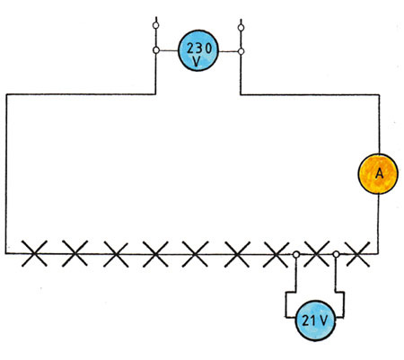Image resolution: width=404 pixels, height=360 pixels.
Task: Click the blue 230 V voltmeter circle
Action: point(198,50)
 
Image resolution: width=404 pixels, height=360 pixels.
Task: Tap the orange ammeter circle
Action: point(378,173)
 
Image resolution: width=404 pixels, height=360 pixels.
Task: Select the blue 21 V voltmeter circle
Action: point(315,320)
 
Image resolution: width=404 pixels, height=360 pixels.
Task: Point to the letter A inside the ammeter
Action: point(379,173)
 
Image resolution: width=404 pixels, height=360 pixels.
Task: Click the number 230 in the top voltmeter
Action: point(199,48)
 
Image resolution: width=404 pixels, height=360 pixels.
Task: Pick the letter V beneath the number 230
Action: point(197,61)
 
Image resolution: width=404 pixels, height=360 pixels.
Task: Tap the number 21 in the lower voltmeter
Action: point(308,320)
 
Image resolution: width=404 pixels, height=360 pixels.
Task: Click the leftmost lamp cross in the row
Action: point(34,253)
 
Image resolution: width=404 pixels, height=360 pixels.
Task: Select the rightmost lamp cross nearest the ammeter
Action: point(357,254)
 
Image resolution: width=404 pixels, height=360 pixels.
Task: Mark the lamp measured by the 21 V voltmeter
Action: point(317,254)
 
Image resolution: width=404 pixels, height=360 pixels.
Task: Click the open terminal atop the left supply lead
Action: point(155,25)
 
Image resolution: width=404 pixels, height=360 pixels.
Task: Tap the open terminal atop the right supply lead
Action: point(241,28)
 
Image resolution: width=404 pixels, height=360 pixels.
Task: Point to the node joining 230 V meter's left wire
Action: point(156,50)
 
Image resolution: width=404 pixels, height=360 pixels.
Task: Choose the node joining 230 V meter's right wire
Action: point(241,51)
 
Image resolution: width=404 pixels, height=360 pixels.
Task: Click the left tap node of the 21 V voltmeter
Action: point(296,255)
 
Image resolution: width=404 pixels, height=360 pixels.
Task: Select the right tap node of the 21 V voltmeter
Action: point(336,254)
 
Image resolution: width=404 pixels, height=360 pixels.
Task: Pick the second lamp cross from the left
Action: point(75,253)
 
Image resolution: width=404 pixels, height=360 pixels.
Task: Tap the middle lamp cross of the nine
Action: point(195,254)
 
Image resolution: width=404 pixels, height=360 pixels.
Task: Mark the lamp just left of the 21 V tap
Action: point(276,254)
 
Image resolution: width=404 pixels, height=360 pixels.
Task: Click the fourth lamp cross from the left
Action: point(155,254)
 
